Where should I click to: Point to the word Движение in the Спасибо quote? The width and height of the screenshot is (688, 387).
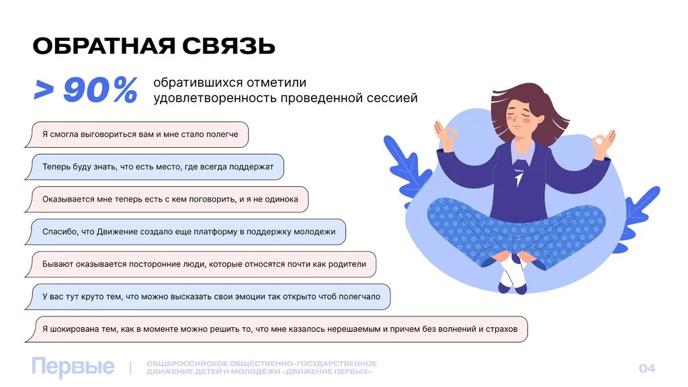120,232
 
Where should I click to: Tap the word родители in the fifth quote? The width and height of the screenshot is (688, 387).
347,264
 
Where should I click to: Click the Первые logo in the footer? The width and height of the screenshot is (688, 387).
73,368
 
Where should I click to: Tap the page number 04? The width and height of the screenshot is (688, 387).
646,368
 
